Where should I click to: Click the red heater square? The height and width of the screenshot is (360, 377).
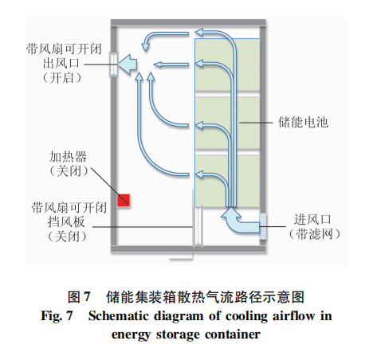[124, 200]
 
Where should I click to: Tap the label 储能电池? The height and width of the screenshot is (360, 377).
[303, 123]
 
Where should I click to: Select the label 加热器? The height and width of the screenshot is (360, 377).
[68, 157]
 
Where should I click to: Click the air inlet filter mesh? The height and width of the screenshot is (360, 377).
[263, 226]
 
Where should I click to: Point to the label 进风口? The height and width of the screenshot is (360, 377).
[312, 220]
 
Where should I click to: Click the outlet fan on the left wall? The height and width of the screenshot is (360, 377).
[114, 65]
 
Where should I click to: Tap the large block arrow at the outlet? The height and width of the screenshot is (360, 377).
[128, 65]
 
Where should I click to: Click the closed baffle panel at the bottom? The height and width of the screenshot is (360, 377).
[198, 226]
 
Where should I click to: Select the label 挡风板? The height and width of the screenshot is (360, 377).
[66, 221]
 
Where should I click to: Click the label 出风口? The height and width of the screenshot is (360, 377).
[61, 63]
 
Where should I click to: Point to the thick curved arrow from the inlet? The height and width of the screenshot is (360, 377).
[239, 221]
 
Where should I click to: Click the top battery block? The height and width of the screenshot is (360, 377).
[227, 65]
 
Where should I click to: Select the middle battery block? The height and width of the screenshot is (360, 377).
[227, 123]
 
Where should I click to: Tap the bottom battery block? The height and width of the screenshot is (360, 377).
[227, 181]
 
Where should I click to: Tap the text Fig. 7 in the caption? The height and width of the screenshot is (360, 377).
[57, 316]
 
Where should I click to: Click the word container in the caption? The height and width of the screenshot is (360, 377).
[233, 335]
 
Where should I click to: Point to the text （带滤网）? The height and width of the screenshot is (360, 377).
[314, 234]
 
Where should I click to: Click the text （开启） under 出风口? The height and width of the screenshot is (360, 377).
[62, 78]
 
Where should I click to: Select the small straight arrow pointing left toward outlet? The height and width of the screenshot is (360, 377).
[171, 65]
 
